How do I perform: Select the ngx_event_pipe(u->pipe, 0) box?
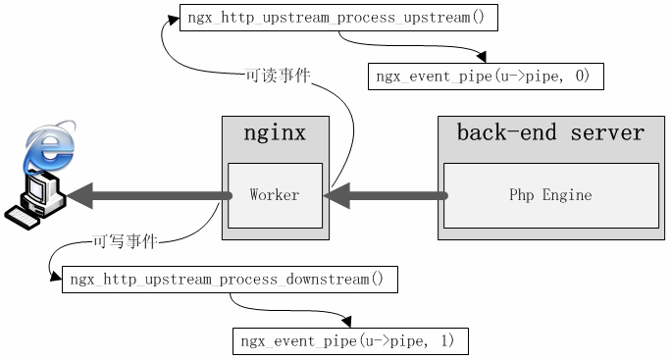click(485, 77)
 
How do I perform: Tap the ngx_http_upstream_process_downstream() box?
click(229, 280)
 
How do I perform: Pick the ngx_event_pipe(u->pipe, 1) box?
click(349, 341)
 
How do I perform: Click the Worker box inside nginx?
click(275, 195)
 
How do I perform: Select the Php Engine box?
click(550, 195)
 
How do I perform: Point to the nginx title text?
click(275, 133)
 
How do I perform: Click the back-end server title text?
click(550, 133)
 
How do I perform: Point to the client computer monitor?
click(40, 189)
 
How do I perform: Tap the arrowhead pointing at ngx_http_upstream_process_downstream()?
click(56, 280)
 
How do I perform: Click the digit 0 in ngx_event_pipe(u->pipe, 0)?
click(584, 77)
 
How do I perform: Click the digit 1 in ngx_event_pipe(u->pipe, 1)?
click(448, 341)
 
